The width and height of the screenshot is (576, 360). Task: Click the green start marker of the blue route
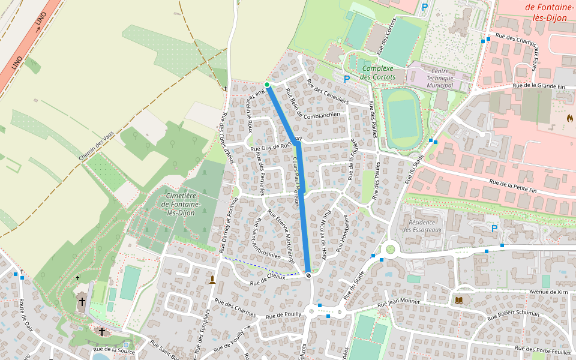coord(267,85)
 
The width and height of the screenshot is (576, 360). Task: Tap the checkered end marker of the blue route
coord(308,275)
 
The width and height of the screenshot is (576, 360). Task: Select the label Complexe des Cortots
coord(377,73)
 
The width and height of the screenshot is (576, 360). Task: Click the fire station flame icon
coord(569,118)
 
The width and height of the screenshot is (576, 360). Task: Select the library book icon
coord(459,299)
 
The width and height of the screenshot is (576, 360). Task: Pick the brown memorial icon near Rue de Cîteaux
coord(212,280)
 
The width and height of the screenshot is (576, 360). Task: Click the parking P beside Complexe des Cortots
coord(346,79)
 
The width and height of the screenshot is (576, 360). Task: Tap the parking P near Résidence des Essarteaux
coord(494,229)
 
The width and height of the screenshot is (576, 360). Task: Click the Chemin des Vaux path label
coord(95,146)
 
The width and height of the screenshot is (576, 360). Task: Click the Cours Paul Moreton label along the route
coord(295,182)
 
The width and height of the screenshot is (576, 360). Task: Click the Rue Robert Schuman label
coord(514,313)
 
